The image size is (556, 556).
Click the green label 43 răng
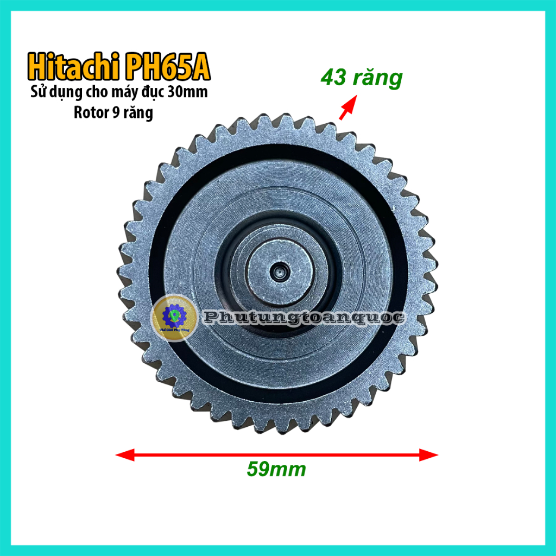tap(361, 78)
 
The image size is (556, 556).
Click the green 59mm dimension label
tap(276, 469)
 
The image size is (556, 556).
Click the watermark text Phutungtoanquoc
tap(304, 318)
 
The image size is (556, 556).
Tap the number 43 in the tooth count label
tap(333, 78)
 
